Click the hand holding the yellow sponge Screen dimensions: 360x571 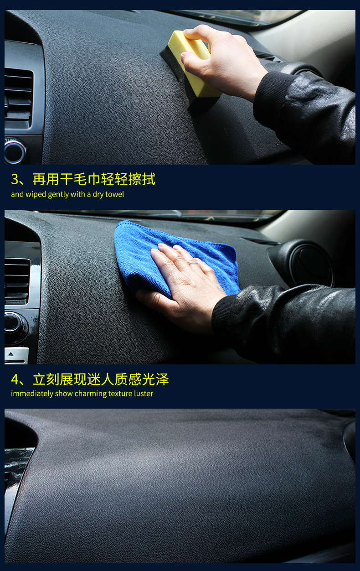(221, 61)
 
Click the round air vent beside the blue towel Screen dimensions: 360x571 (306, 263)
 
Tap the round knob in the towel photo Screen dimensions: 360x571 (15, 324)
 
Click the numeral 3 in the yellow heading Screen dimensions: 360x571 (15, 179)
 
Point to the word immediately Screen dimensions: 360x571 (32, 394)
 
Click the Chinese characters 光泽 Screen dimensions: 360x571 (155, 379)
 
